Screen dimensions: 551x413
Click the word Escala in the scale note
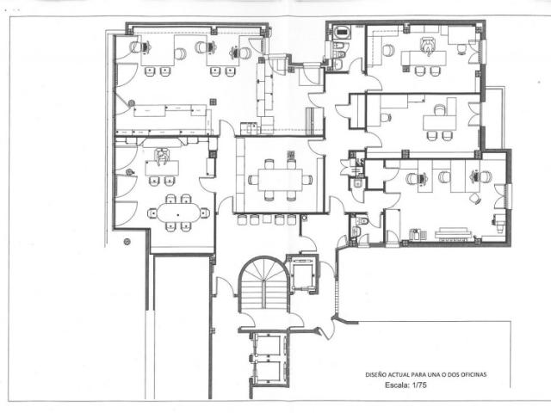(396, 385)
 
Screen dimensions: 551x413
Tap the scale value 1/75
(419, 385)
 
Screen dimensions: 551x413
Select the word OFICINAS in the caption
(474, 375)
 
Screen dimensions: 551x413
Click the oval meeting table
(178, 213)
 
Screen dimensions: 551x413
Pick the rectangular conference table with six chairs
(280, 180)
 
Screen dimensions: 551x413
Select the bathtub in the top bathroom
(342, 31)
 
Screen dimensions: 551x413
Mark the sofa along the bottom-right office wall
(453, 233)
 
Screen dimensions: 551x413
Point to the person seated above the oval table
(162, 157)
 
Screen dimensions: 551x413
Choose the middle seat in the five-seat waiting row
(267, 220)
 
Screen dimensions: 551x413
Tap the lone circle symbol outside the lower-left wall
(127, 241)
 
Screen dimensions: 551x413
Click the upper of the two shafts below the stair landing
(268, 345)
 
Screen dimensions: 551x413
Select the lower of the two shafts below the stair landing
(268, 372)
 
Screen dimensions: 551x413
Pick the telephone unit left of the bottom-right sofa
(418, 234)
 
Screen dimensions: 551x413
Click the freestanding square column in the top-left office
(213, 102)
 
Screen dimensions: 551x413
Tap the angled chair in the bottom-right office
(475, 199)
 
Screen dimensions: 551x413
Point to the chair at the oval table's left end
(152, 213)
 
